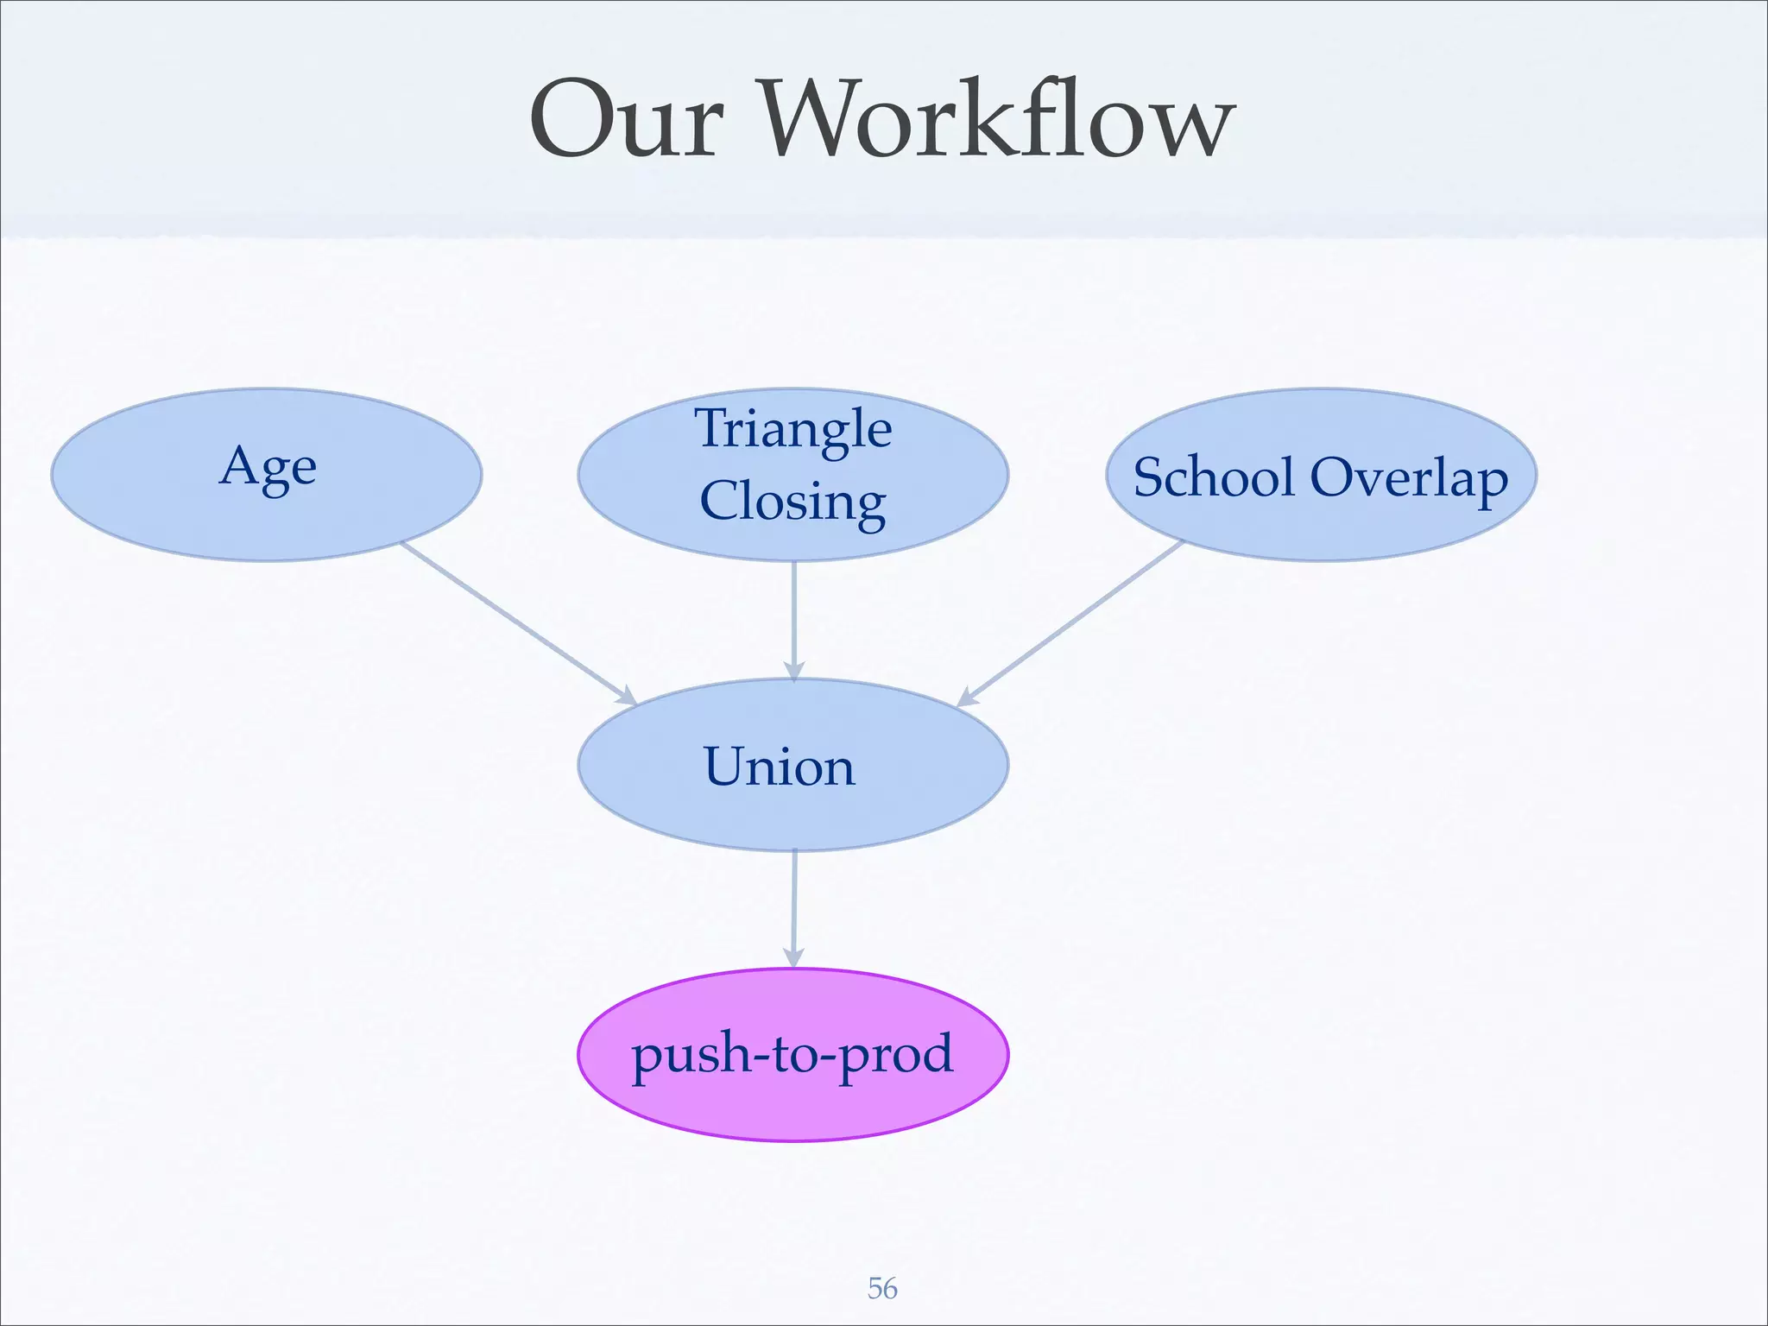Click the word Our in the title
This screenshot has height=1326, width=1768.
[x=626, y=121]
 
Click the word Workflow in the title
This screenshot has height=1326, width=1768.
[x=993, y=121]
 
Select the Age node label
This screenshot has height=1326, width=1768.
[x=268, y=468]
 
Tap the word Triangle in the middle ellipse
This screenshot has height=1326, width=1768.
[x=793, y=429]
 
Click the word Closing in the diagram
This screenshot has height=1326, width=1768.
[x=792, y=502]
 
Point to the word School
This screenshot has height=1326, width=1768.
[x=1214, y=477]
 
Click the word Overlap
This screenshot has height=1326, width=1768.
[x=1409, y=477]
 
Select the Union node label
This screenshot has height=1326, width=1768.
[x=780, y=767]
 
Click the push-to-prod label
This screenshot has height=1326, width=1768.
[x=792, y=1054]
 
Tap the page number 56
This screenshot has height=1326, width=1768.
[x=882, y=1288]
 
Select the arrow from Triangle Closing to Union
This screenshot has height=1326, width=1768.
[x=794, y=617]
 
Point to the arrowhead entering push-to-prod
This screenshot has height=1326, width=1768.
[x=793, y=957]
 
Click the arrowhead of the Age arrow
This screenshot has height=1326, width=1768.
[x=625, y=696]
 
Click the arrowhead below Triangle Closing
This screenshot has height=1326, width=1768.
[x=794, y=670]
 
